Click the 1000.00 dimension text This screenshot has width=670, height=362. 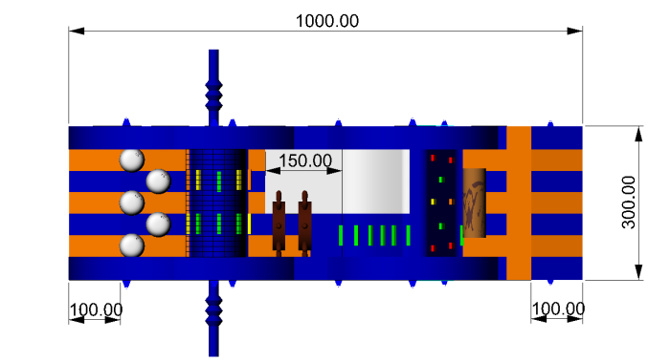tap(327, 21)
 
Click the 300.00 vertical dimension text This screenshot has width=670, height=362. tap(629, 202)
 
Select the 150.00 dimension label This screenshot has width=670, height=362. tap(305, 160)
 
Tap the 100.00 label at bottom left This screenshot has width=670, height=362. tap(96, 309)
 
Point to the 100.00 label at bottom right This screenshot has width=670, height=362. tap(558, 309)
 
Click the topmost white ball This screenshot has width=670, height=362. tap(132, 160)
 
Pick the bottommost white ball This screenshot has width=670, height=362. tap(132, 245)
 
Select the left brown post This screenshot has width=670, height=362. tap(279, 224)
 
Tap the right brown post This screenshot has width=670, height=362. tap(304, 224)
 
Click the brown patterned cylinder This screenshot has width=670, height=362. tap(475, 202)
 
